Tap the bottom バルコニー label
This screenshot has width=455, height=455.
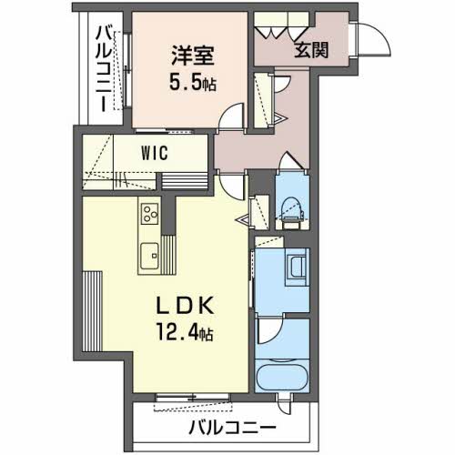(x=232, y=426)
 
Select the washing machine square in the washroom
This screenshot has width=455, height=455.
(x=298, y=268)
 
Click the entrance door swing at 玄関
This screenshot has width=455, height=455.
(x=369, y=39)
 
